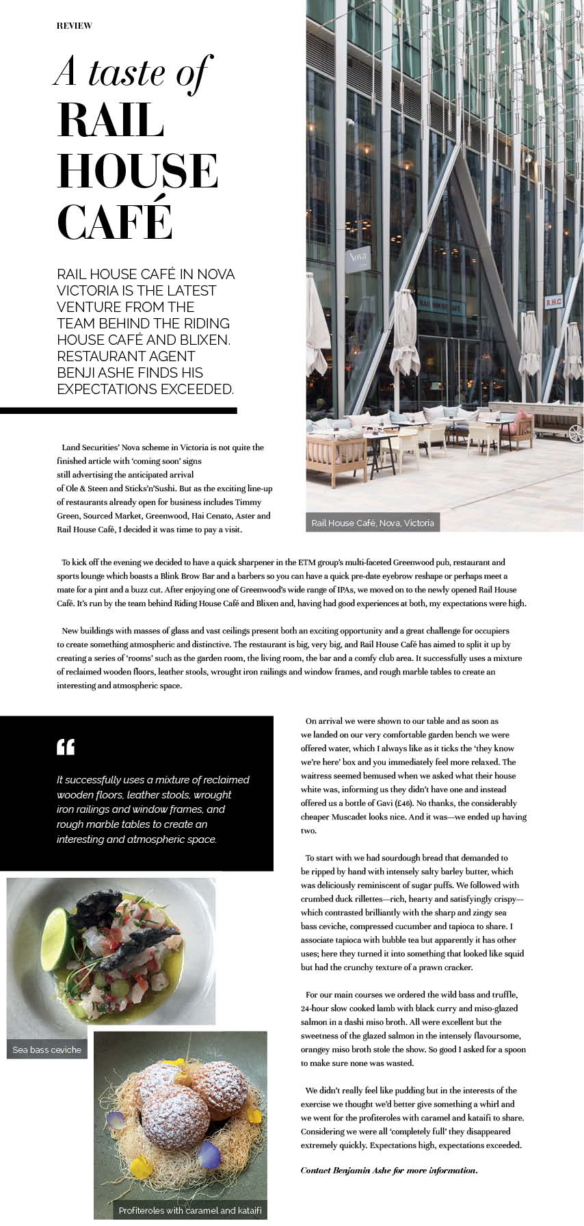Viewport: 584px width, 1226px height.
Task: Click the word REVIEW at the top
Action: click(x=74, y=26)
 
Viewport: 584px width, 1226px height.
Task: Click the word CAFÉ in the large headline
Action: click(x=115, y=219)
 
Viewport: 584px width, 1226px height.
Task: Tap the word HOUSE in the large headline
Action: click(x=137, y=170)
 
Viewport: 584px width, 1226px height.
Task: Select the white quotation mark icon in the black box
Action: click(x=66, y=746)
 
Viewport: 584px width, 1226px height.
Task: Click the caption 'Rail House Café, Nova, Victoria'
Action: click(x=373, y=523)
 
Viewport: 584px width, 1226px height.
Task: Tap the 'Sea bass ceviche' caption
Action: click(x=47, y=1049)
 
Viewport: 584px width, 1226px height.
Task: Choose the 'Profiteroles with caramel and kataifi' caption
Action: click(x=190, y=1210)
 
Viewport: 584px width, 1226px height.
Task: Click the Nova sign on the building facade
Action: click(x=358, y=259)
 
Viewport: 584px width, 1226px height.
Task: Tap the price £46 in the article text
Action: click(x=405, y=803)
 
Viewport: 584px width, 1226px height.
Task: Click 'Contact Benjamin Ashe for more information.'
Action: click(x=388, y=1171)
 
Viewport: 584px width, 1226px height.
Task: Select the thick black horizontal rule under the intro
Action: click(x=118, y=410)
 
